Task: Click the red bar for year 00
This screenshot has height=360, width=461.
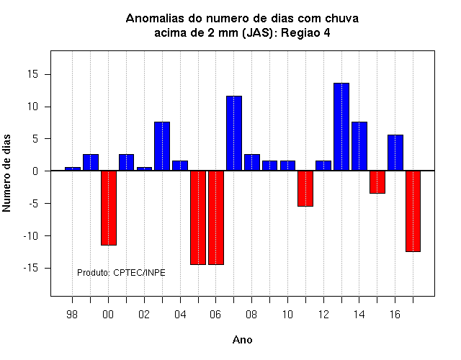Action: (109, 208)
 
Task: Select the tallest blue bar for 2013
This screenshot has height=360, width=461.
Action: (341, 127)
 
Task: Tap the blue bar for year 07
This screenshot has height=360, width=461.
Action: (234, 133)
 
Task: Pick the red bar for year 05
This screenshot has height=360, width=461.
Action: (198, 217)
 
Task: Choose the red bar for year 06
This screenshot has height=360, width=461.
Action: (216, 217)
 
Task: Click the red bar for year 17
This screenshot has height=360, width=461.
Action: (413, 211)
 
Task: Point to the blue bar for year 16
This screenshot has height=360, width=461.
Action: (395, 153)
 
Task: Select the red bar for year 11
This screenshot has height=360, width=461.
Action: (305, 189)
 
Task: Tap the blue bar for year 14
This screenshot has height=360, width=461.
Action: (359, 146)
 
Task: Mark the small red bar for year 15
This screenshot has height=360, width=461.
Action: (377, 182)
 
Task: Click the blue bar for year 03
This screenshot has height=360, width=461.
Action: (162, 146)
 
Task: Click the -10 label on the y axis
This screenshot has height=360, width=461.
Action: (31, 236)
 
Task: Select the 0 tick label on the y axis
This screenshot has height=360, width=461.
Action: (35, 171)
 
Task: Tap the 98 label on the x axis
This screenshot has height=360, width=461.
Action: (72, 315)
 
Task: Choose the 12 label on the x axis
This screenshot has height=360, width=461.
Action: (323, 315)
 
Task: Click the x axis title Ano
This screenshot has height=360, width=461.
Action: (242, 340)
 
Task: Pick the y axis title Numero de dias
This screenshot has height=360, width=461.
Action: (6, 173)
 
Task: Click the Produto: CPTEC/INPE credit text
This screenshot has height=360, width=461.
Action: (121, 273)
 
